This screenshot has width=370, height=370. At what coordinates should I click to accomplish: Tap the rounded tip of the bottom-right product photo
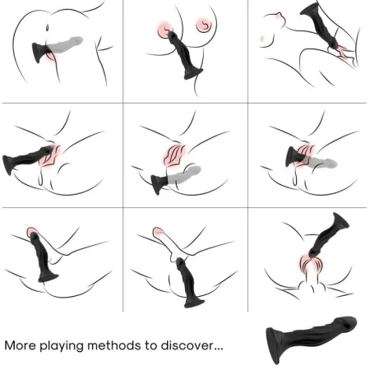click(x=350, y=322)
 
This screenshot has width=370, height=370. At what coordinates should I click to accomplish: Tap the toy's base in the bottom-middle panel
click(x=194, y=301)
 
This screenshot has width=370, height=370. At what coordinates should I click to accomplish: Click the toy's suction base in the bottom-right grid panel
click(x=340, y=220)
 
